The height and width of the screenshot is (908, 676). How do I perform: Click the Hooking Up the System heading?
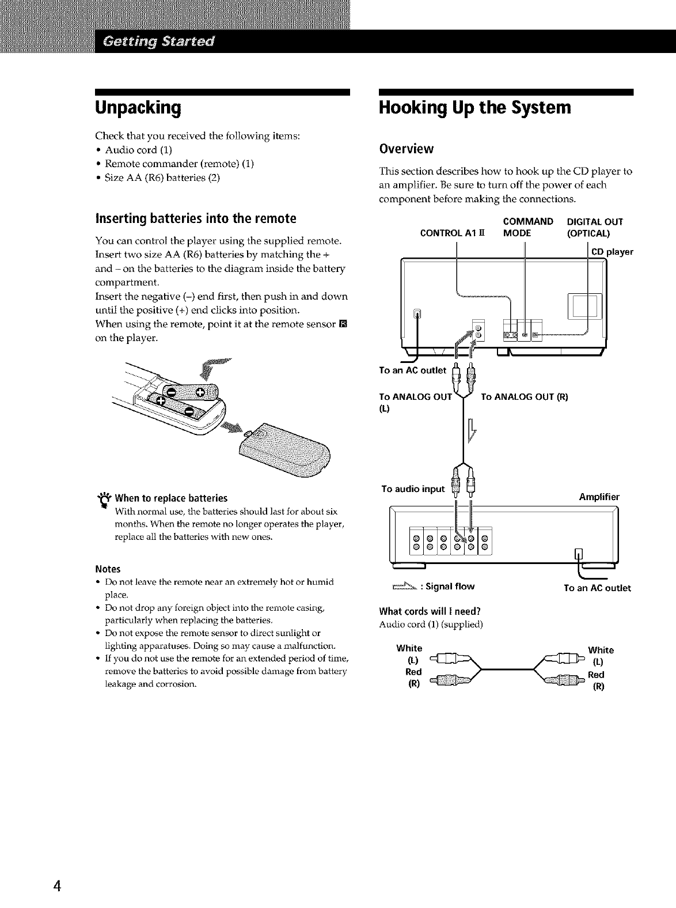tap(474, 108)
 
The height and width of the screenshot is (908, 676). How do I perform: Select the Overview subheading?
tap(406, 149)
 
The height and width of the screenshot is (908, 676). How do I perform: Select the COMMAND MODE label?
tap(527, 228)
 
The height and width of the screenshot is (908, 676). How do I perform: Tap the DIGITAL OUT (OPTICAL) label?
tap(595, 228)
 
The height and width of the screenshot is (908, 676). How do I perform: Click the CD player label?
tap(613, 252)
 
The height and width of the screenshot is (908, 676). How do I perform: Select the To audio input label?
tap(413, 489)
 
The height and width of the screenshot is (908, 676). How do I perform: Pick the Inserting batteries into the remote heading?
tap(195, 219)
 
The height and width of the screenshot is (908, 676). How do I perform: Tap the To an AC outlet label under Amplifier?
tap(597, 588)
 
